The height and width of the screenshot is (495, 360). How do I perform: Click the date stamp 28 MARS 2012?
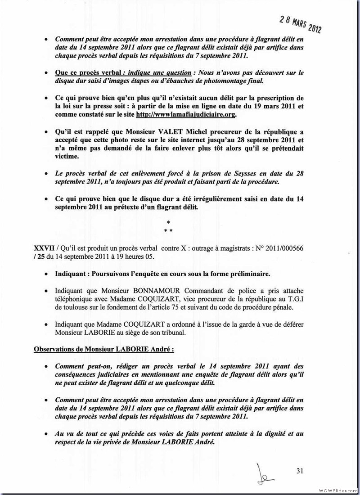click(x=300, y=23)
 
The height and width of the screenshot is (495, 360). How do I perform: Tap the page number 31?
click(x=301, y=471)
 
